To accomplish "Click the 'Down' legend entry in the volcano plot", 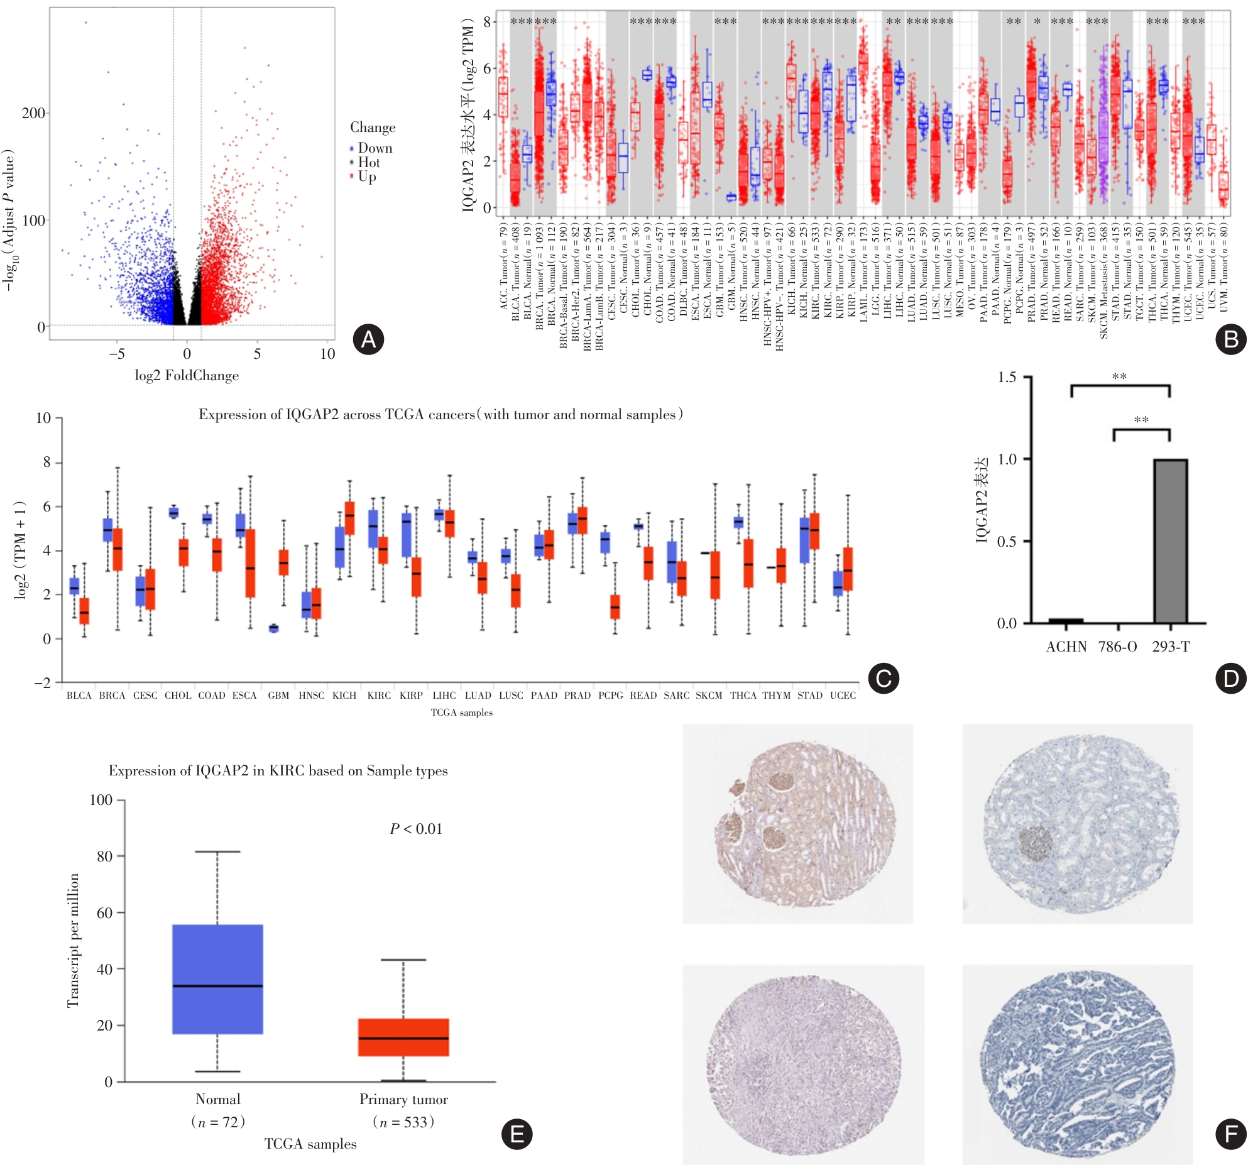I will pos(375,148).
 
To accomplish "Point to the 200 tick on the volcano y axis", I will pos(33,113).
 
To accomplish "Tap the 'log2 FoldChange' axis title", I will pos(187,376).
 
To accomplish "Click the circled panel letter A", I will pos(368,339).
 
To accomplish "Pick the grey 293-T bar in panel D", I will pos(1170,541).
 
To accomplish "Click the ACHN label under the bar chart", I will pos(1066,647).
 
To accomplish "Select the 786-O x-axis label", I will pos(1117,647).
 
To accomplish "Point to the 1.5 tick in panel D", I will pos(1007,377).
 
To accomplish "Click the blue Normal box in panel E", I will pos(217,979).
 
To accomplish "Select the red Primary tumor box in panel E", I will pos(403,1037).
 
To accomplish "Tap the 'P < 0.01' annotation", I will pos(416,829).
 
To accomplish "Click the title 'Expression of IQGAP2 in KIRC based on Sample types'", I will pos(278,771).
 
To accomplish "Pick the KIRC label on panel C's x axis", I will pos(379,696).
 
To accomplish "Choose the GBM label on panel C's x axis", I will pos(278,696).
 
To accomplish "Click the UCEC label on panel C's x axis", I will pos(843,696).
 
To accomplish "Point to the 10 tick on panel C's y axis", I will pos(43,418).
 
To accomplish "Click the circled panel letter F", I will pos(1231,1134).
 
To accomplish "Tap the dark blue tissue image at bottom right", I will pos(1077,1064).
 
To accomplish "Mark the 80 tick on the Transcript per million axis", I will pos(104,856).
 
